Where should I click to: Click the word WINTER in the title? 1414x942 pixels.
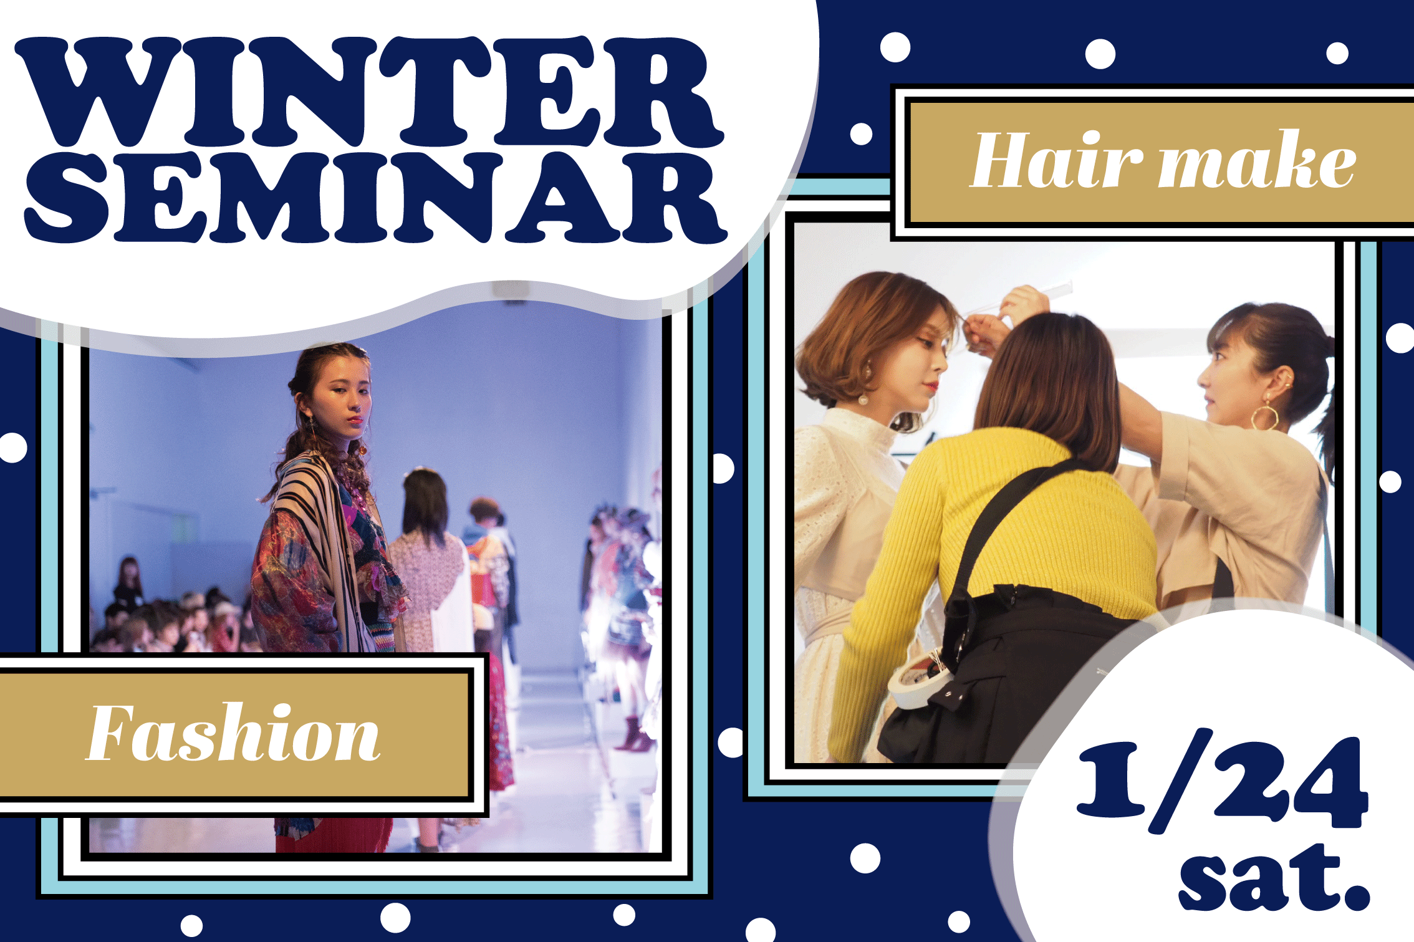pos(368,92)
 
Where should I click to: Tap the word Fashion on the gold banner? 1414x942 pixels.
pos(233,733)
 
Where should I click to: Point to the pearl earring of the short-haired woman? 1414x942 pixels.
pos(863,399)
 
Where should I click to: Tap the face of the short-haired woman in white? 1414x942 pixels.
pos(926,368)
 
